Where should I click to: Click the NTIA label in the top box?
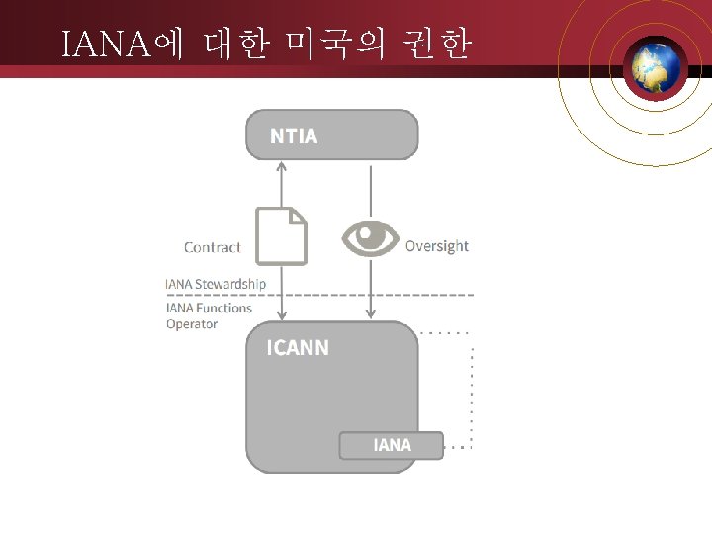coord(294,136)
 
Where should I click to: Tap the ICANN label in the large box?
coord(298,348)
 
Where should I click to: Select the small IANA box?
coord(392,445)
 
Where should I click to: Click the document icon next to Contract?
coord(281,235)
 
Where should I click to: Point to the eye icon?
coord(370,237)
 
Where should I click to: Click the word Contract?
coord(212,247)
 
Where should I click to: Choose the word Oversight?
coord(437,246)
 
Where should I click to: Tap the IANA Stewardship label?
coord(216,284)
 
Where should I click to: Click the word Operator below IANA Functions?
coord(192,324)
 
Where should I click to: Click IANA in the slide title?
coord(104,44)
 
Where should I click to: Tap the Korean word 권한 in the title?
coord(436,44)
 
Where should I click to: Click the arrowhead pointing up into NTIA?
coord(281,165)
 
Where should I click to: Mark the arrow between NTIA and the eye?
coord(370,191)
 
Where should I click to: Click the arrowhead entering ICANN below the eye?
coord(370,314)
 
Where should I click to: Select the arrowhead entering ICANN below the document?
coord(281,314)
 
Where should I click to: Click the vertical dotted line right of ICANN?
coord(472,396)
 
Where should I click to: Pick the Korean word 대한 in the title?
coord(235,44)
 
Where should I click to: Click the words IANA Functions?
coord(209,308)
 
